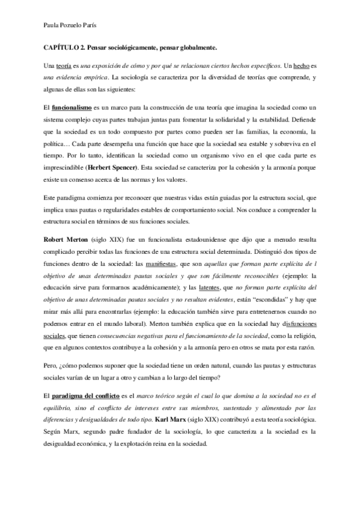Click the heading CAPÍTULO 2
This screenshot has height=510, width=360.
tap(64, 46)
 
